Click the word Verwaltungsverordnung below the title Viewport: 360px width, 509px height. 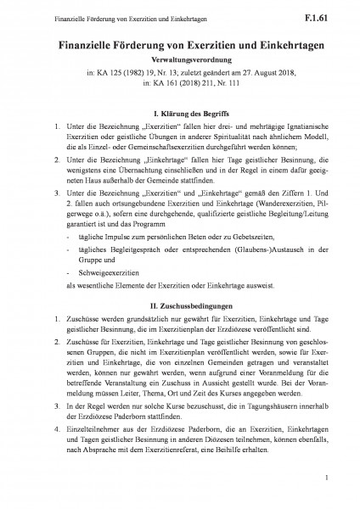180,62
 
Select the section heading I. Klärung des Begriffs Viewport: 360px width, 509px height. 181,113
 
